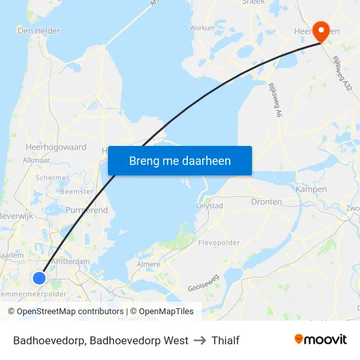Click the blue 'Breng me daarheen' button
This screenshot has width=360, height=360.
[179, 160]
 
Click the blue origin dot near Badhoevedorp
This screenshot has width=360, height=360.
[39, 278]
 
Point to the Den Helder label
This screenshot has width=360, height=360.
[39, 31]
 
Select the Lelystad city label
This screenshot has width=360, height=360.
[210, 206]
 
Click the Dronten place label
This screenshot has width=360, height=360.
[266, 202]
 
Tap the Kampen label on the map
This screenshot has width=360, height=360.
[312, 189]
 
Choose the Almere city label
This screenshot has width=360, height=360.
[147, 264]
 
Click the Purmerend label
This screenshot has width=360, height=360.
[86, 210]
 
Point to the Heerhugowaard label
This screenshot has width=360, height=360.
[56, 147]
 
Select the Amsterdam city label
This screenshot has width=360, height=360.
[70, 261]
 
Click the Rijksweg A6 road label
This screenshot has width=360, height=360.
[274, 100]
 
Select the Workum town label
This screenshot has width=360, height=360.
[202, 28]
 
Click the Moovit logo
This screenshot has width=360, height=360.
[321, 340]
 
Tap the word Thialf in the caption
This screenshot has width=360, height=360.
[226, 340]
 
